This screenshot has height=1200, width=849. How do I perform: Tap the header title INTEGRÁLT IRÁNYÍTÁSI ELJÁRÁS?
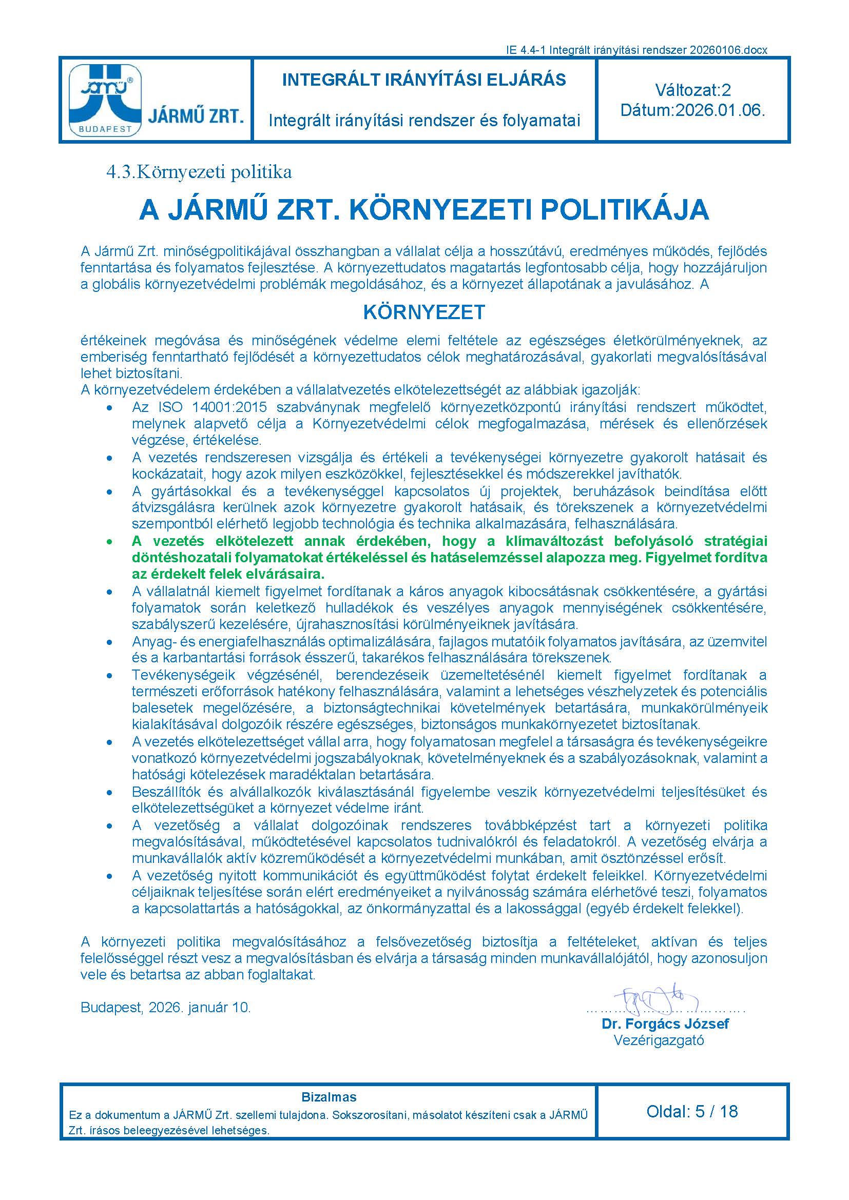point(423,80)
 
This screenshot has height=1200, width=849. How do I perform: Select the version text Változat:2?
point(692,90)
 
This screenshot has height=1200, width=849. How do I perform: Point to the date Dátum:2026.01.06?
point(692,111)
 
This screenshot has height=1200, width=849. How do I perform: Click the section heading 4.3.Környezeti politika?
point(199,172)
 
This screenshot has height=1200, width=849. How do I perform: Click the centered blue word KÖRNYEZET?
point(424,312)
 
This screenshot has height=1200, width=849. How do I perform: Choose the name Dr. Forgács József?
point(665,1024)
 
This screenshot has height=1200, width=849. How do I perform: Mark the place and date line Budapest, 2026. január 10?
point(166,1008)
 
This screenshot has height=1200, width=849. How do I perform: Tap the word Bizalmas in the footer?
point(329,1097)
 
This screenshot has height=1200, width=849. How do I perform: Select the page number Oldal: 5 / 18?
point(692,1111)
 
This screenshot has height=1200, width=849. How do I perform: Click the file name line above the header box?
point(636,50)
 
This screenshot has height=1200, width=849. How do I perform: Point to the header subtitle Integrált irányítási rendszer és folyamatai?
point(424,121)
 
